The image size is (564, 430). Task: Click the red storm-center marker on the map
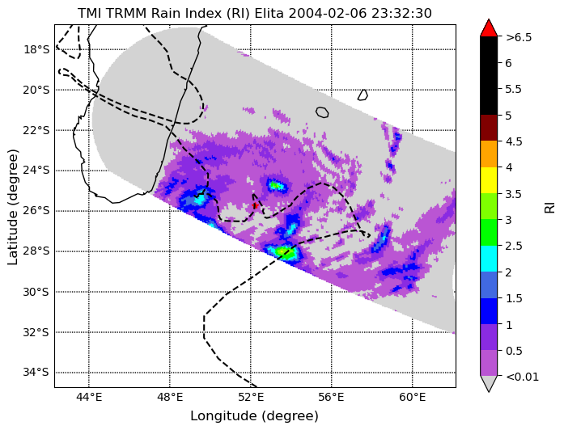click(256, 205)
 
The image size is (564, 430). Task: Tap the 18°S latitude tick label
click(36, 49)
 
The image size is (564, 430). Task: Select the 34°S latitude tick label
click(36, 373)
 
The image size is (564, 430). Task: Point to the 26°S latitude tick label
click(36, 211)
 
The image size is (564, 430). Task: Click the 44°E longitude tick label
click(89, 398)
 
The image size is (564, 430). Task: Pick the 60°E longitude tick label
click(412, 398)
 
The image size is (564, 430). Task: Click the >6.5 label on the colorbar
click(519, 37)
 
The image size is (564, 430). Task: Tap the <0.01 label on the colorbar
click(522, 377)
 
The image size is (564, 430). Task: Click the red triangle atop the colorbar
click(489, 28)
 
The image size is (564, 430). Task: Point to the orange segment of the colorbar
click(489, 154)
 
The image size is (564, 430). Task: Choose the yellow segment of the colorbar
click(489, 180)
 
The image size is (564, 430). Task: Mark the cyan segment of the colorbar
click(489, 259)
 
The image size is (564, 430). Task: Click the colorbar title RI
click(550, 207)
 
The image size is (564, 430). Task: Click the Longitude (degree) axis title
click(254, 416)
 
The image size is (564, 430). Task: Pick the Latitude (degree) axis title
click(13, 207)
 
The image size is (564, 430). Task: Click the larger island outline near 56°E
click(322, 112)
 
